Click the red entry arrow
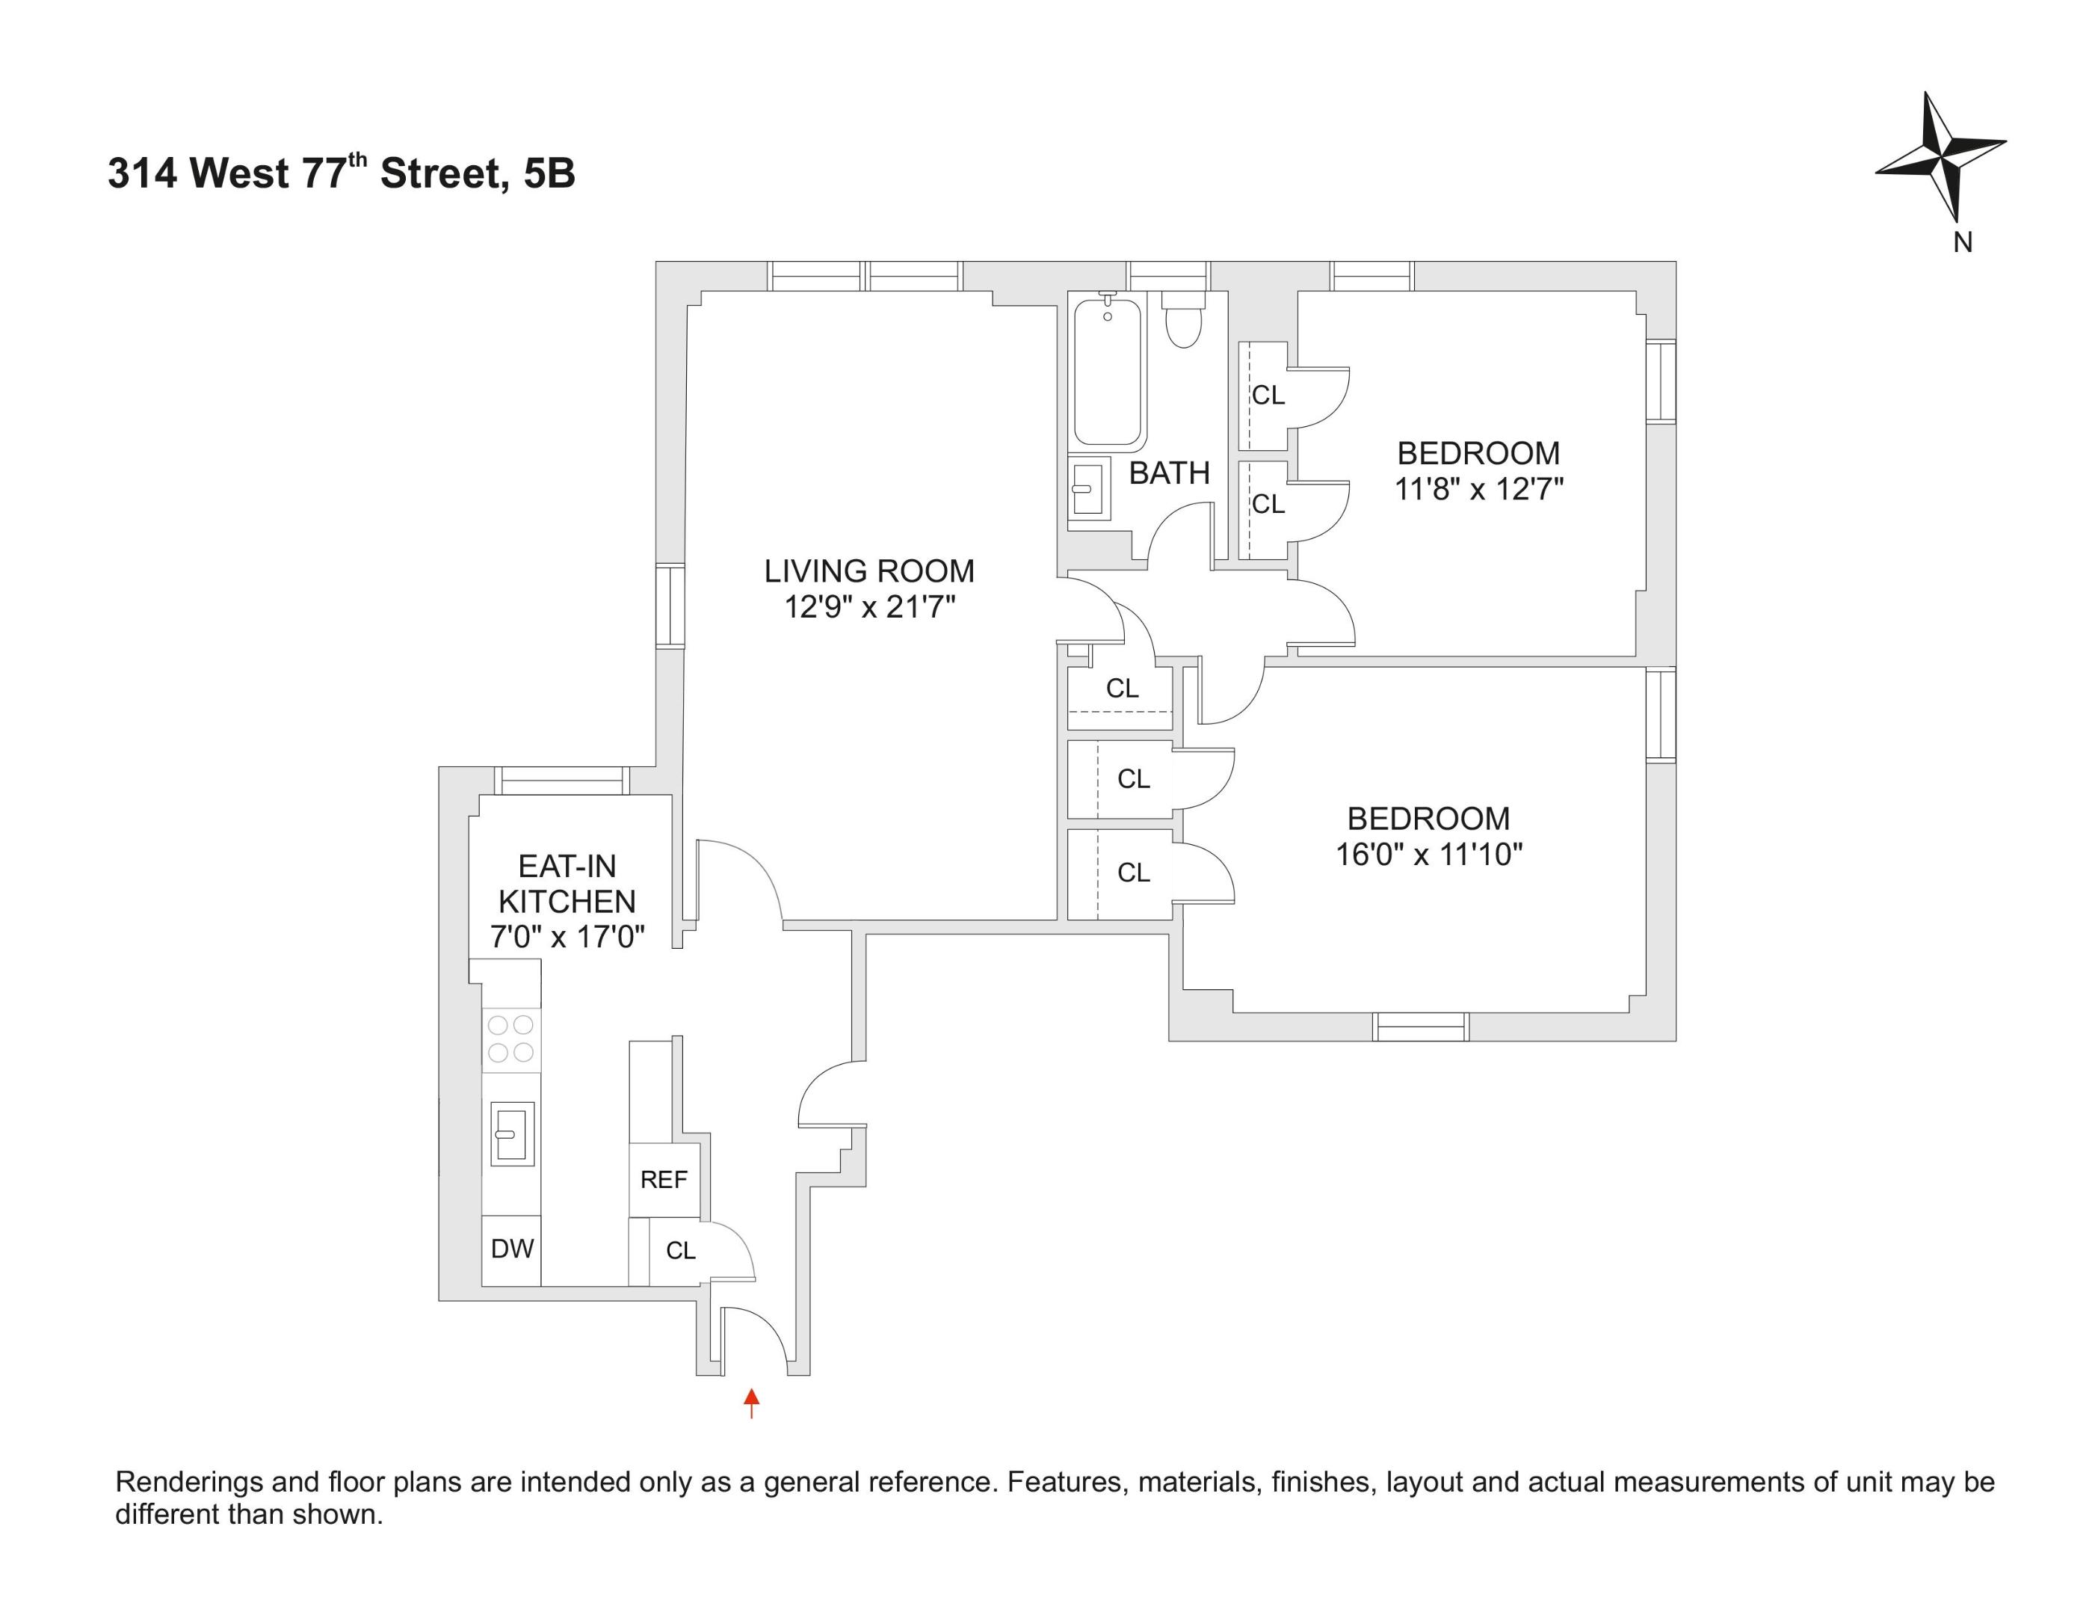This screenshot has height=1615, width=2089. pyautogui.click(x=752, y=1402)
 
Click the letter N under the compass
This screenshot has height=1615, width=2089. pyautogui.click(x=1963, y=243)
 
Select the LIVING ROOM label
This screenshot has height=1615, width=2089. pyautogui.click(x=868, y=571)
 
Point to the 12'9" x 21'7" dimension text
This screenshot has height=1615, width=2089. pyautogui.click(x=869, y=606)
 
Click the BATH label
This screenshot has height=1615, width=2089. pyautogui.click(x=1169, y=473)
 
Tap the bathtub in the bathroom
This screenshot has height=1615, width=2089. pyautogui.click(x=1108, y=373)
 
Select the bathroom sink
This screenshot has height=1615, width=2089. pyautogui.click(x=1087, y=489)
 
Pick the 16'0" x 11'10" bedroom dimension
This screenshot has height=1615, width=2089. pyautogui.click(x=1428, y=853)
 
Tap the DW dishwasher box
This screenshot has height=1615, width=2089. pyautogui.click(x=512, y=1249)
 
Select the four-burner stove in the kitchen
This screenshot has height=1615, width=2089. pyautogui.click(x=510, y=1039)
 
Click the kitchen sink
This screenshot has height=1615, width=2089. pyautogui.click(x=512, y=1133)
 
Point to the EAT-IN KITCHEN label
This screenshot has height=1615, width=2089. pyautogui.click(x=567, y=883)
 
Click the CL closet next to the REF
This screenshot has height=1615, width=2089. pyautogui.click(x=680, y=1250)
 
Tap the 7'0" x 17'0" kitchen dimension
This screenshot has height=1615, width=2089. pyautogui.click(x=567, y=937)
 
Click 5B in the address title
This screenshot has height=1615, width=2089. pyautogui.click(x=550, y=174)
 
